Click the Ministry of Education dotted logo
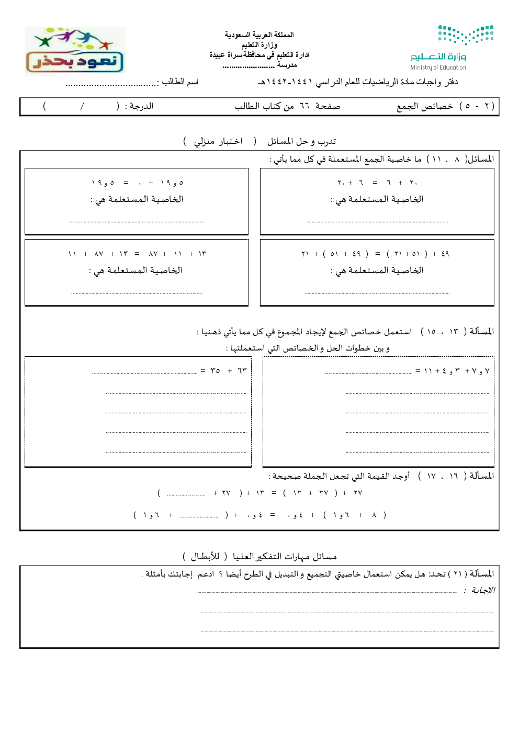click(466, 35)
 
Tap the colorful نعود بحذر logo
click(75, 51)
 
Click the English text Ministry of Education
click(438, 67)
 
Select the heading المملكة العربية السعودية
click(259, 35)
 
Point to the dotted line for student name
click(111, 84)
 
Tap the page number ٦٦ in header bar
click(305, 106)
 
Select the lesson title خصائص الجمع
click(424, 106)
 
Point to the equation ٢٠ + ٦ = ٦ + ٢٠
click(377, 183)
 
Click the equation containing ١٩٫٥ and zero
click(137, 183)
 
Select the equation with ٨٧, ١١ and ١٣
click(137, 254)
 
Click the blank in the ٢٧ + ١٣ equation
click(186, 493)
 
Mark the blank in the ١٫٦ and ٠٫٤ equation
click(198, 516)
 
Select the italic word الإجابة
click(482, 590)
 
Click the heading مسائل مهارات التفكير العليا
click(285, 556)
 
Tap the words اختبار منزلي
click(218, 141)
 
